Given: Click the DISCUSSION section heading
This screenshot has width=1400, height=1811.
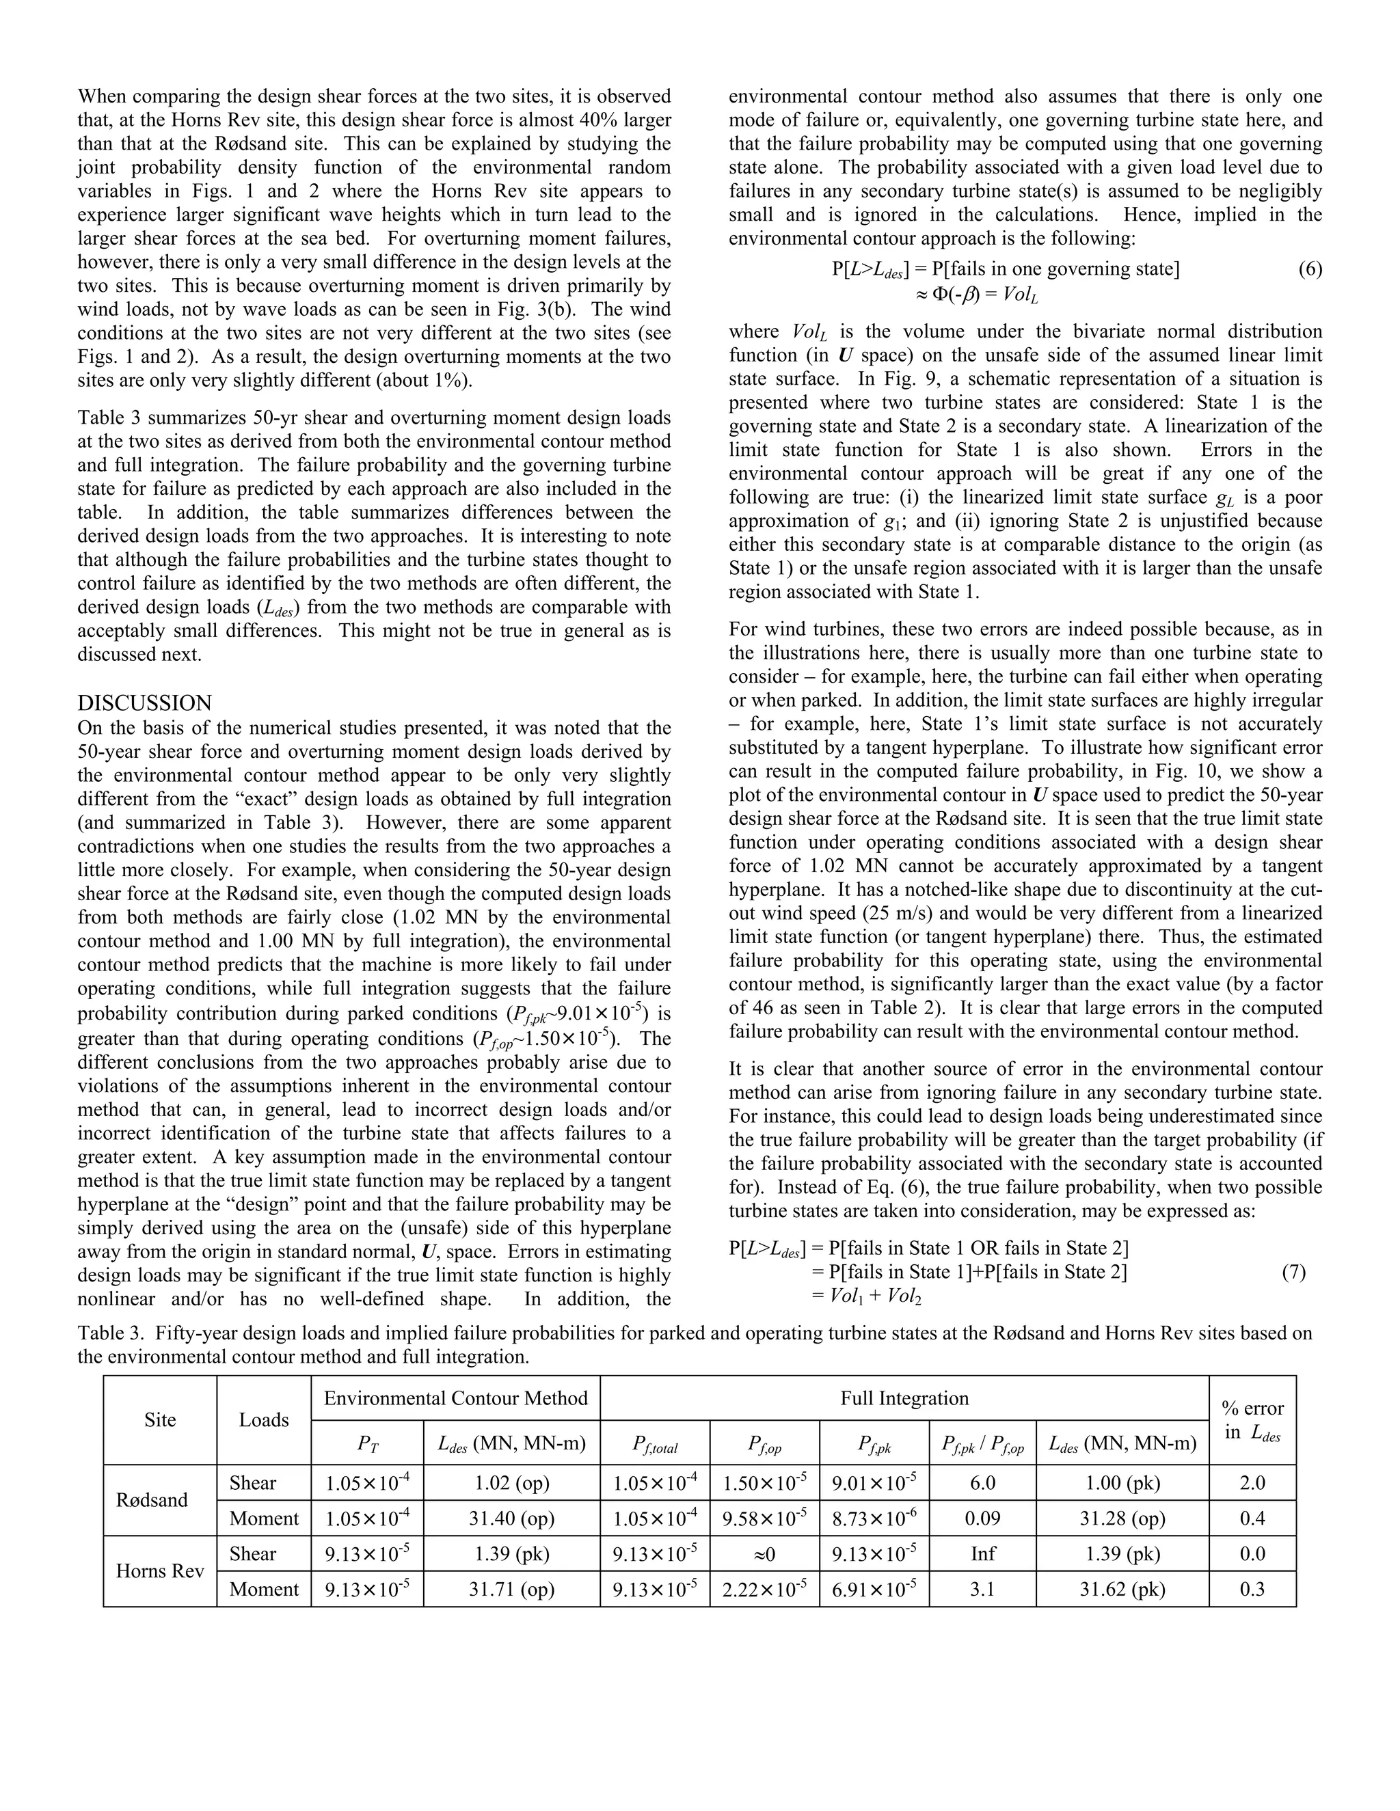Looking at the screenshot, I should (144, 703).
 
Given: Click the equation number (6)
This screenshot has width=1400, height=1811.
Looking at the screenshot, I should (1310, 269).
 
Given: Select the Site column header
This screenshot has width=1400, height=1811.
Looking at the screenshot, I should (160, 1419).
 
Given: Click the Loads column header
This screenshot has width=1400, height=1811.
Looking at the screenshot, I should (264, 1419).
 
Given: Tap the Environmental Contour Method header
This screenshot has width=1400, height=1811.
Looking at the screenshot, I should (455, 1398).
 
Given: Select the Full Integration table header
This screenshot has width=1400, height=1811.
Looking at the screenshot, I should (904, 1398).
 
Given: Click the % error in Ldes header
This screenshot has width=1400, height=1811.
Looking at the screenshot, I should (1252, 1419).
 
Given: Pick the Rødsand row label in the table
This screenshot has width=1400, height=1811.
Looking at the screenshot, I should (152, 1500).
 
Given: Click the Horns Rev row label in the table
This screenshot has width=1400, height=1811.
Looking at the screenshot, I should (160, 1570).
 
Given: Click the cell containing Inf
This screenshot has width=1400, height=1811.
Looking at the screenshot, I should (983, 1553).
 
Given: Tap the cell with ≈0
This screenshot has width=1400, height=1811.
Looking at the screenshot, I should (764, 1553).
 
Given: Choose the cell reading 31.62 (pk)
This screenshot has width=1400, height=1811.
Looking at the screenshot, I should (1122, 1589).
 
